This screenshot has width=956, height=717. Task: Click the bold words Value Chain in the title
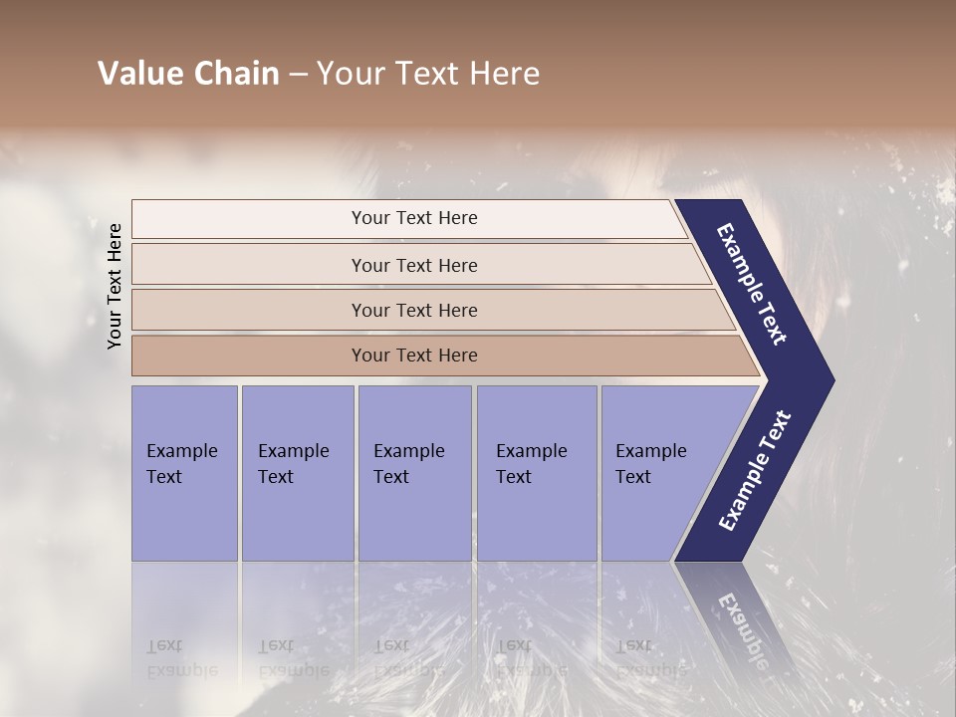pyautogui.click(x=188, y=74)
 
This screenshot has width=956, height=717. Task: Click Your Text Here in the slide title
pyautogui.click(x=428, y=74)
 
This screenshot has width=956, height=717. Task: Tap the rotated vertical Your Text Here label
pyautogui.click(x=115, y=286)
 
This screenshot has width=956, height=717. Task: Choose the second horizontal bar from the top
pyautogui.click(x=413, y=265)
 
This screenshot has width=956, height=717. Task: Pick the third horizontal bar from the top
pyautogui.click(x=413, y=310)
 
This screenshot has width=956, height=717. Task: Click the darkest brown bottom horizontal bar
pyautogui.click(x=413, y=356)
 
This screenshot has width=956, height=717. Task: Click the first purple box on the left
pyautogui.click(x=184, y=473)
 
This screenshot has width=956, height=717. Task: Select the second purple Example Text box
pyautogui.click(x=297, y=473)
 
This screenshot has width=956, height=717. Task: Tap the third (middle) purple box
pyautogui.click(x=414, y=473)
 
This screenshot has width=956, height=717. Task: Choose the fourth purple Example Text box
pyautogui.click(x=536, y=473)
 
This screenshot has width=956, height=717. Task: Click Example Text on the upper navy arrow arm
pyautogui.click(x=752, y=284)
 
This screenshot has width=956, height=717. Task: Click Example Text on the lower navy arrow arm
pyautogui.click(x=755, y=471)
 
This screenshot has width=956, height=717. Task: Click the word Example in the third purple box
pyautogui.click(x=408, y=451)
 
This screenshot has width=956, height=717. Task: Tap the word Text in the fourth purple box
pyautogui.click(x=514, y=477)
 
